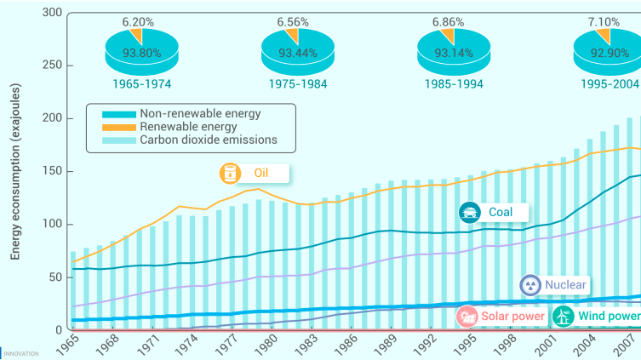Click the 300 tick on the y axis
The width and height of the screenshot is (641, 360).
pos(52,13)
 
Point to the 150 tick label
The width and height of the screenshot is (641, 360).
pos(52,171)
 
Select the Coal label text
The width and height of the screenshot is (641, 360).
pos(501,211)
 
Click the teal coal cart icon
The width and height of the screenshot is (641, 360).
pos(468,211)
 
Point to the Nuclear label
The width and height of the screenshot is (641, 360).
pos(564,286)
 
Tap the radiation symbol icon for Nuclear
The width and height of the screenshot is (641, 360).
pos(530,286)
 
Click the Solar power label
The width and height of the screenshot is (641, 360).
pos(512,317)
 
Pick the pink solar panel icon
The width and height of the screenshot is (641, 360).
pos(466,317)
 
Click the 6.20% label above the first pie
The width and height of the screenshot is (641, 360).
pos(137,20)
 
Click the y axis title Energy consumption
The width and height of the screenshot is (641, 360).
pos(16,170)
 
